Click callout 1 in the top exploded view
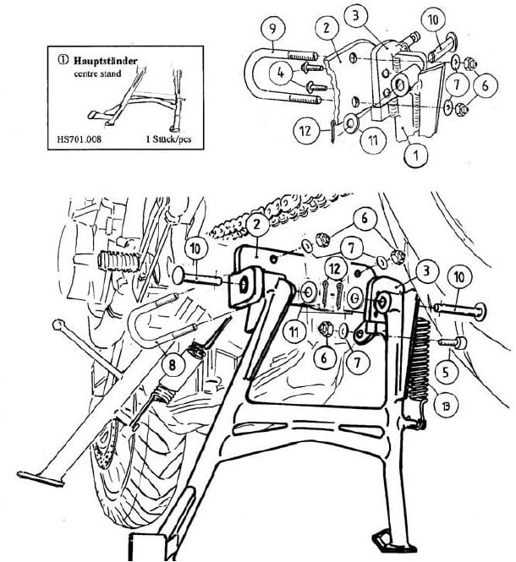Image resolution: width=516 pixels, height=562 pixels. point(414,154)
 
